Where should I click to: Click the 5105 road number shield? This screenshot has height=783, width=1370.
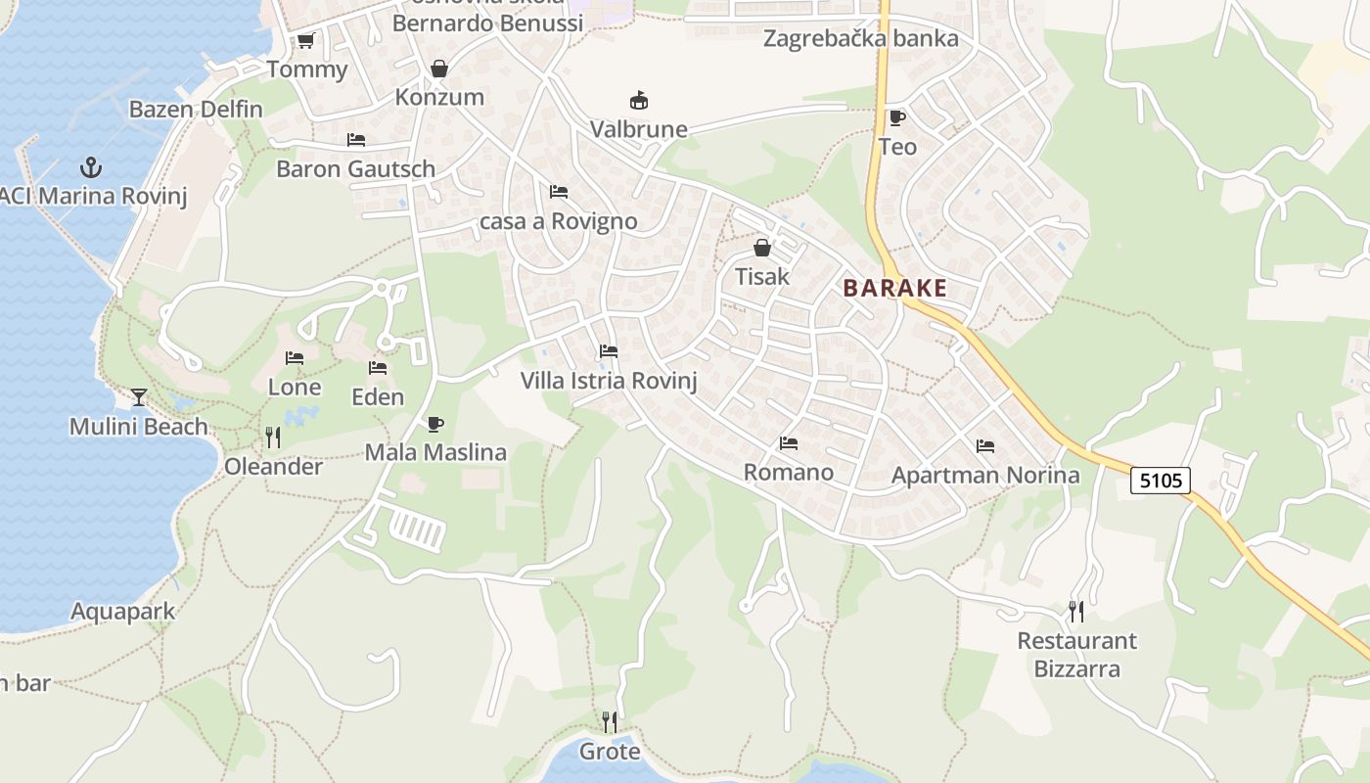coord(1162,481)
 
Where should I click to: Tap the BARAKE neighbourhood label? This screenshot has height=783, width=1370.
coord(894,288)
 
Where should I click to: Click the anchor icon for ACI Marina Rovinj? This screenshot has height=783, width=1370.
coord(91,167)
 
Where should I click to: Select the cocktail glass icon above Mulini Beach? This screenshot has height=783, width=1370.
coord(138,397)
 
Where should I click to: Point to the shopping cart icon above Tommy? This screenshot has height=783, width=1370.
coord(305,41)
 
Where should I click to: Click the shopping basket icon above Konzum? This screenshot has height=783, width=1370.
coord(438,69)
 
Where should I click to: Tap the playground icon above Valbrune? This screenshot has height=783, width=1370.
coord(638,100)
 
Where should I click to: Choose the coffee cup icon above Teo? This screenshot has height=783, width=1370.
coord(896,118)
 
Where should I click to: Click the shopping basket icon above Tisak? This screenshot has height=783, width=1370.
coord(761,248)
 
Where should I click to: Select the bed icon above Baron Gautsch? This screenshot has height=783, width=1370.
coord(355,140)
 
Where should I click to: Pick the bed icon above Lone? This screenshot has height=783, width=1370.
coord(294,358)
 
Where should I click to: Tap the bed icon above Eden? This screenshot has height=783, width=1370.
coord(378,368)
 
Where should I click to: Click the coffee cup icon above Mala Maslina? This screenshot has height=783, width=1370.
coord(434,424)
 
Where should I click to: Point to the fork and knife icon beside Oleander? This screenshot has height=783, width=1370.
coord(273,438)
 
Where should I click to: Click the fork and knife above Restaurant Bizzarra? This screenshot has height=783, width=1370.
coord(1076,612)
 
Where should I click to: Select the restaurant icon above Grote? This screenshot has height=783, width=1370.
coord(609,722)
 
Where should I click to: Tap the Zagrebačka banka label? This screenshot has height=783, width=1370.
coord(860,39)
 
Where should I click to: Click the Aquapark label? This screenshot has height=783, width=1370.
coord(123,612)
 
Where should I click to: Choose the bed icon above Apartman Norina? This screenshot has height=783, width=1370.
coord(984,446)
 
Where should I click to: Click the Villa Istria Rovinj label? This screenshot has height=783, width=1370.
coord(609,381)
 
